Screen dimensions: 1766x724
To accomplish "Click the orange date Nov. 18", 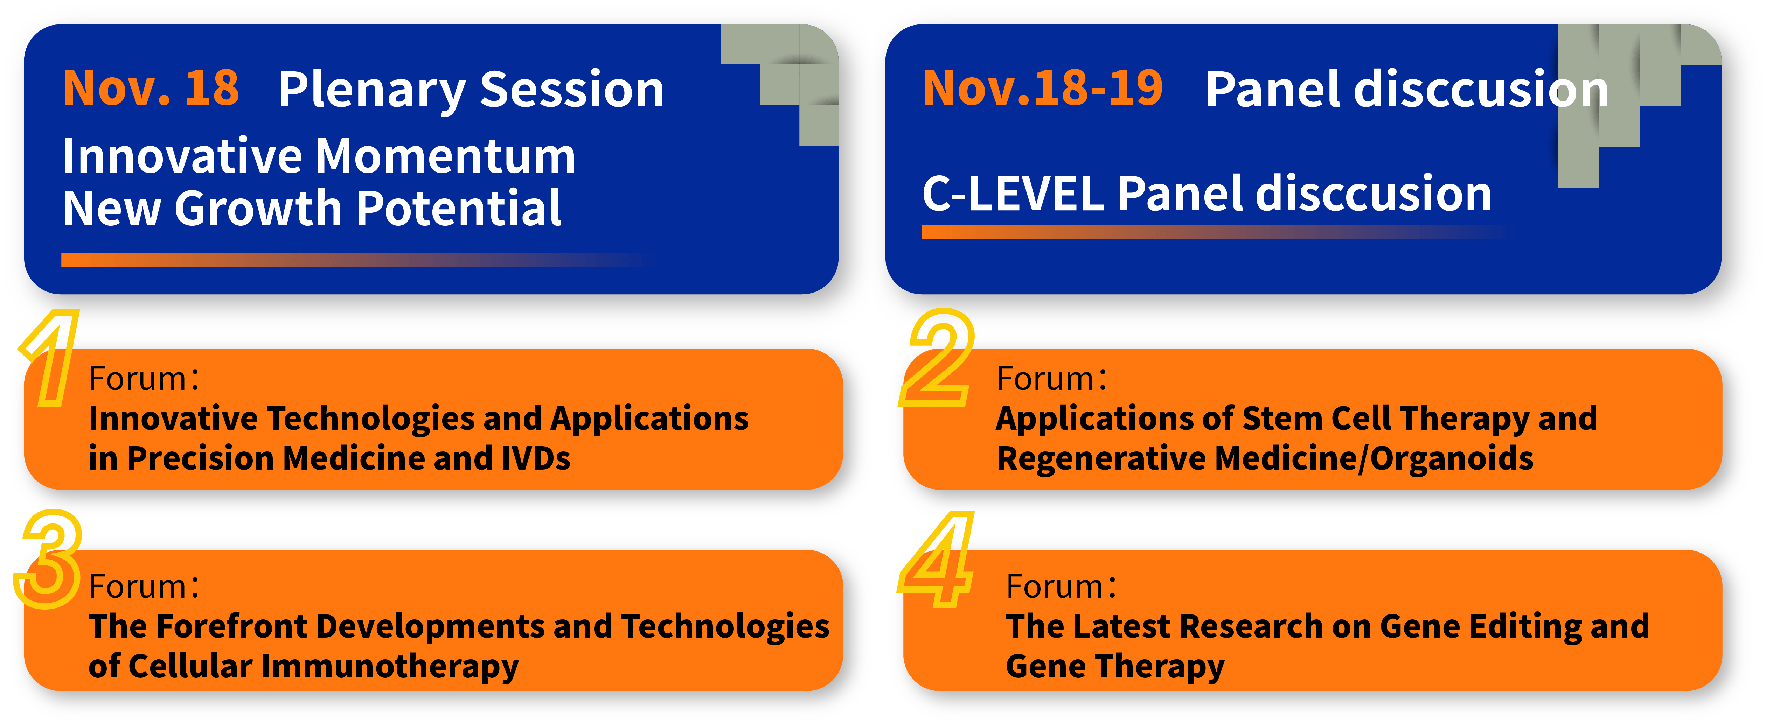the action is pos(151,89).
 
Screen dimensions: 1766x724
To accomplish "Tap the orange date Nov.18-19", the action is pos(1043,89).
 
